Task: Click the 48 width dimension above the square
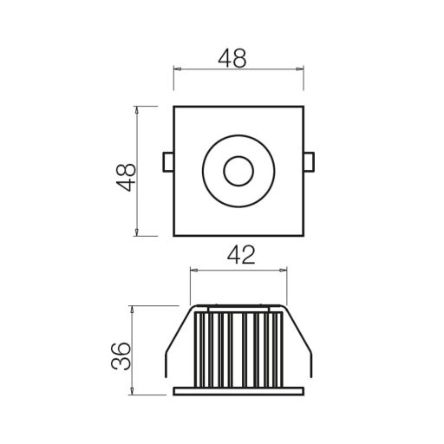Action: (x=232, y=58)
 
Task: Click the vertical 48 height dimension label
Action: (x=126, y=178)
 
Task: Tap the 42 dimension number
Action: (x=241, y=255)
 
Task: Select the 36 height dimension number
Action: (x=121, y=356)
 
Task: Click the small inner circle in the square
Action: (x=238, y=171)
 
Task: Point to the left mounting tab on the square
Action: (x=168, y=162)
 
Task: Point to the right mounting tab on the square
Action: (x=309, y=162)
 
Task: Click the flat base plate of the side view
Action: (x=238, y=391)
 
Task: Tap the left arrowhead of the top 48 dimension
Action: (x=177, y=69)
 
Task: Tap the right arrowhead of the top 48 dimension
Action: (x=300, y=69)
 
